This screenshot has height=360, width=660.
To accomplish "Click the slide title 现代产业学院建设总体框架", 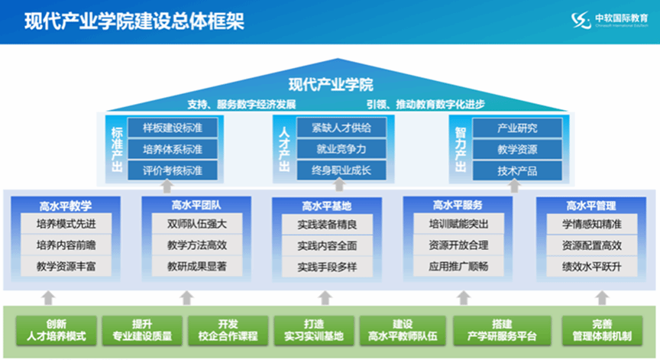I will click(134, 21).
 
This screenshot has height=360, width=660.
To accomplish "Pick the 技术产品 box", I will click(517, 170).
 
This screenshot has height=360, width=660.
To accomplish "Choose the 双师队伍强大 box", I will click(197, 225).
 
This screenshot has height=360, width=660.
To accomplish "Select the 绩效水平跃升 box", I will click(591, 267).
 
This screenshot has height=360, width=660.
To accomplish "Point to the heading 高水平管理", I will click(591, 206).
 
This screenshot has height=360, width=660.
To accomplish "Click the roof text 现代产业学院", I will click(330, 85).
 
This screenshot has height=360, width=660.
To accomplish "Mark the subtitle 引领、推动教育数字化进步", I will click(425, 104).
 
